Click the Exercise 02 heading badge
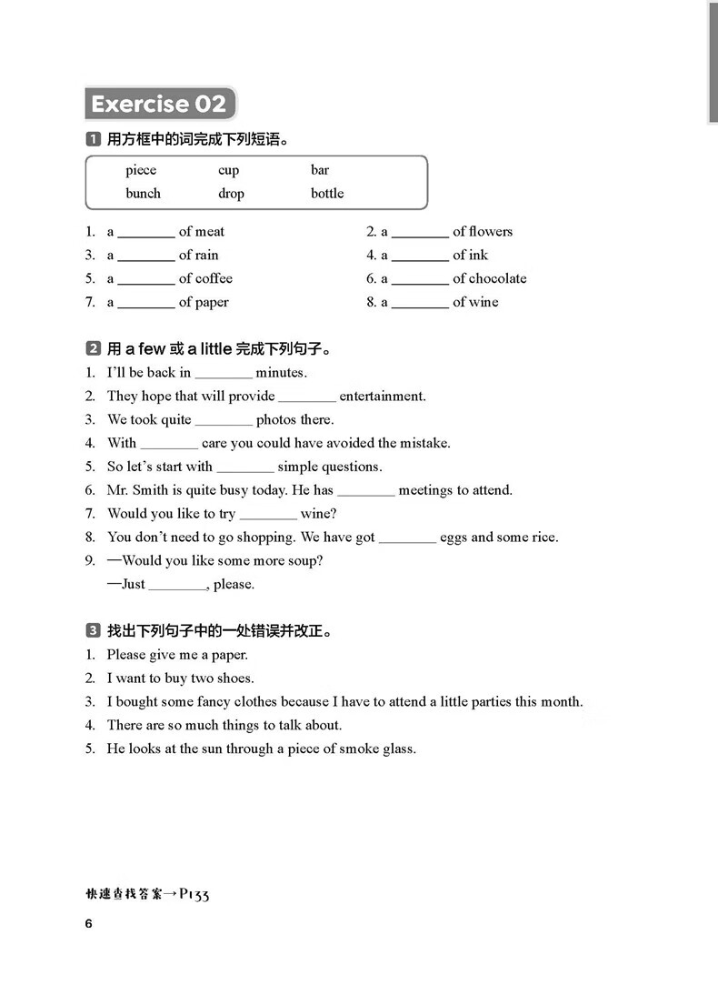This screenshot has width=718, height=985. (159, 104)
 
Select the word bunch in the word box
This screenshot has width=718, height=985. (143, 194)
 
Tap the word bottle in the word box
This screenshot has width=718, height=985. (327, 194)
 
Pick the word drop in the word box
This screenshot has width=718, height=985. (231, 194)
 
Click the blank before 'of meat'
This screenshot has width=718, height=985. (145, 233)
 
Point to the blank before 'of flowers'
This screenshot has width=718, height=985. (420, 233)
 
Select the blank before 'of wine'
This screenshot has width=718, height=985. (420, 304)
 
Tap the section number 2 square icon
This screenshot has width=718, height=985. (93, 349)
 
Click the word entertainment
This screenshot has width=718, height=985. (382, 397)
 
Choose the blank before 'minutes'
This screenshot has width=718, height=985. (224, 374)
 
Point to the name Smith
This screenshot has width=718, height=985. (155, 490)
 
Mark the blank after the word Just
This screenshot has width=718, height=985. (177, 586)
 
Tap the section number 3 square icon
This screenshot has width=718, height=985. (93, 631)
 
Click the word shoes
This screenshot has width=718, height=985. (235, 678)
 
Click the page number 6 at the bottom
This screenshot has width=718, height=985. (89, 925)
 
